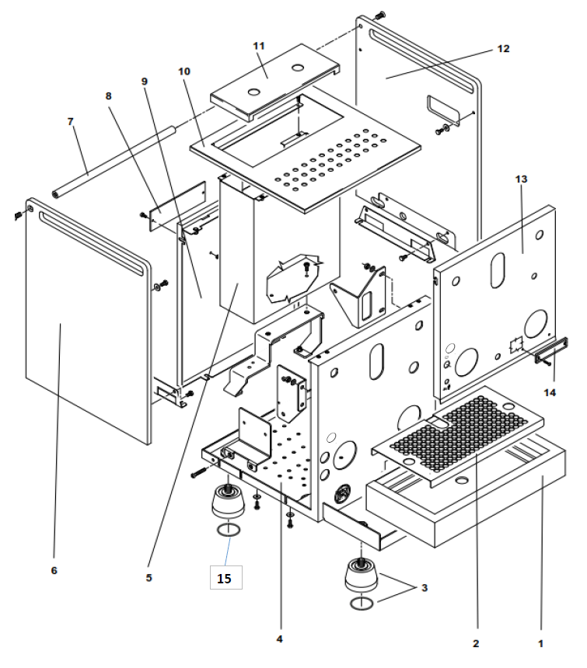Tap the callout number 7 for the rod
(71, 122)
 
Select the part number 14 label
(550, 392)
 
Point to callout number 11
(259, 46)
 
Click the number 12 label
(503, 48)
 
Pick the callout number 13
(521, 179)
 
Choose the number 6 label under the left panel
(54, 570)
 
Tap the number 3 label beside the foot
(424, 587)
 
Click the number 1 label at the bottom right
(539, 643)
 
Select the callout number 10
(184, 71)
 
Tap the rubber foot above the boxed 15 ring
(227, 503)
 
